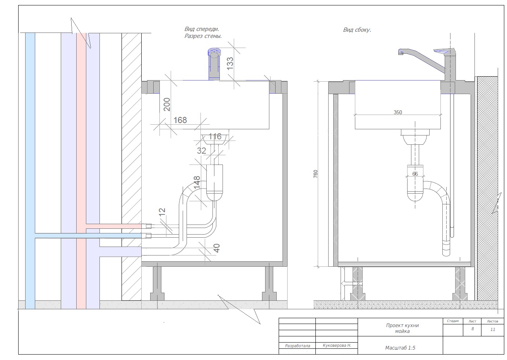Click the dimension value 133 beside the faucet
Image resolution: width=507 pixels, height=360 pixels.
[x=230, y=63]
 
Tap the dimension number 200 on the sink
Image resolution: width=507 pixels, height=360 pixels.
[x=167, y=105]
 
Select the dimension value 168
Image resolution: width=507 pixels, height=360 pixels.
[x=180, y=120]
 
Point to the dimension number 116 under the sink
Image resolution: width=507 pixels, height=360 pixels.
[x=215, y=137]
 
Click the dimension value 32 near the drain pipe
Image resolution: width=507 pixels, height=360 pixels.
[x=201, y=151]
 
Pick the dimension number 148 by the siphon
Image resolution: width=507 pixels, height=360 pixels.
[x=197, y=182]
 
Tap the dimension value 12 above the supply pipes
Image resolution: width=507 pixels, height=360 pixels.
[x=162, y=212]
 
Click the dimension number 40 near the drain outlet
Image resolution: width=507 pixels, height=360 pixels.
[x=217, y=248]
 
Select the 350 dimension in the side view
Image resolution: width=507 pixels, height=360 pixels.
[x=398, y=112]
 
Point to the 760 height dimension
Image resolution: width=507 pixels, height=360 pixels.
[x=315, y=174]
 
